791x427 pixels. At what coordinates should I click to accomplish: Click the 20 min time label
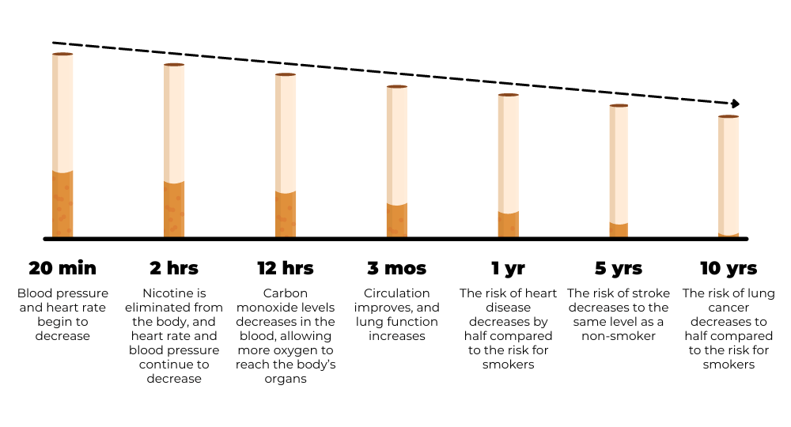click(62, 268)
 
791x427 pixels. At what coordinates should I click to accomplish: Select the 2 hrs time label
click(174, 268)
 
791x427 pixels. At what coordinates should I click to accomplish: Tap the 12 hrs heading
click(286, 268)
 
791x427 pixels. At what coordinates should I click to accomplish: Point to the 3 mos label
click(396, 268)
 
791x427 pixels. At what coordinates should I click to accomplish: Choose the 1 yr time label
click(508, 268)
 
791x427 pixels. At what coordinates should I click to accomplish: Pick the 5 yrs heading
click(619, 268)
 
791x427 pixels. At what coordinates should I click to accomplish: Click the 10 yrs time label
click(729, 268)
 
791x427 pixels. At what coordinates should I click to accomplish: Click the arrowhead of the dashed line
click(736, 104)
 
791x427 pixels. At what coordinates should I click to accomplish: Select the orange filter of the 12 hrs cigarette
click(286, 214)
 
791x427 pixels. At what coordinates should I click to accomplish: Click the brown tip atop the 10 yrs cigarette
click(729, 116)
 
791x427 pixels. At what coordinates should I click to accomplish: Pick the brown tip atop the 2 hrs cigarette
click(174, 65)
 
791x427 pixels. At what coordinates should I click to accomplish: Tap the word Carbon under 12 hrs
click(286, 293)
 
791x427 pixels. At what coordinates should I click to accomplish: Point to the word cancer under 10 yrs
click(729, 308)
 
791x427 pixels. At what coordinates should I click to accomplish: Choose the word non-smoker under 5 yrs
click(619, 336)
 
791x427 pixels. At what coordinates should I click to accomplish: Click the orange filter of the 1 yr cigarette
click(508, 225)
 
